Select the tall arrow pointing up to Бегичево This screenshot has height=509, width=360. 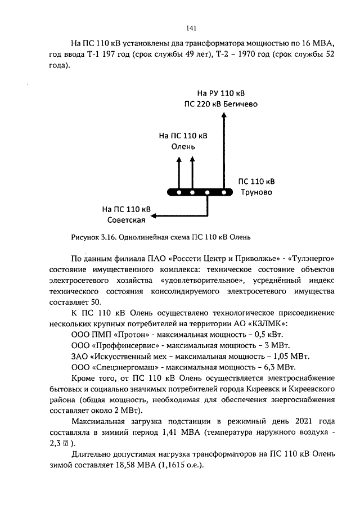pos(224,152)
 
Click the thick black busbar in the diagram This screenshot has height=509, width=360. pos(200,192)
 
